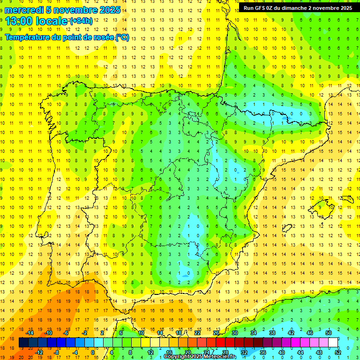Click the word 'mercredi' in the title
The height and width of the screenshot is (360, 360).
coord(23,10)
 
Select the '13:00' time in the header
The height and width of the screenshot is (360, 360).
coord(18,21)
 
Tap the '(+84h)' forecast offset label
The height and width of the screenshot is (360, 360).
coord(81,21)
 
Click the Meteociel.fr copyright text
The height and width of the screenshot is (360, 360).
coord(200,357)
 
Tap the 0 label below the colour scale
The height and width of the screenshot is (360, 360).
coord(93,352)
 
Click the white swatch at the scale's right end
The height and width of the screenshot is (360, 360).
coord(333,343)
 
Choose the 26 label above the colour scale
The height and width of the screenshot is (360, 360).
coord(216,333)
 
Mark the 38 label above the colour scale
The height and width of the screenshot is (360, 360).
coord(272,333)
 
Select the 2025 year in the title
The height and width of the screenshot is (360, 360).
coord(107,10)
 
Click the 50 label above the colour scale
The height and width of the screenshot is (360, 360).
coord(328,333)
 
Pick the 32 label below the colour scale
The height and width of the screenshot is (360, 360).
coord(244,352)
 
